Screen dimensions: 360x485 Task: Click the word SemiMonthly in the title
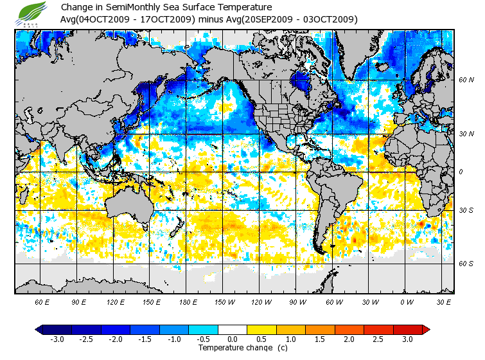[x=133, y=8]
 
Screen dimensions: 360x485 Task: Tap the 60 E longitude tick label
[x=42, y=301]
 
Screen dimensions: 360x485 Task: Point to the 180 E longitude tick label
[x=188, y=301]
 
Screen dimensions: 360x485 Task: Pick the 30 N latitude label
[x=466, y=134]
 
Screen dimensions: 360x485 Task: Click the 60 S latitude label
[x=466, y=264]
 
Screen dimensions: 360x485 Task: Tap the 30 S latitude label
[x=466, y=211]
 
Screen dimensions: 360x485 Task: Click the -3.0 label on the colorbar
[x=57, y=339]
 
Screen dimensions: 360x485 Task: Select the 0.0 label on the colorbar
[x=233, y=339]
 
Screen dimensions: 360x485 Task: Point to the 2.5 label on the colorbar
[x=379, y=339]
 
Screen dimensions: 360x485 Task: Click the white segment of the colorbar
[x=233, y=330]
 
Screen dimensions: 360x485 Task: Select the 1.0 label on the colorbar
[x=292, y=339]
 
